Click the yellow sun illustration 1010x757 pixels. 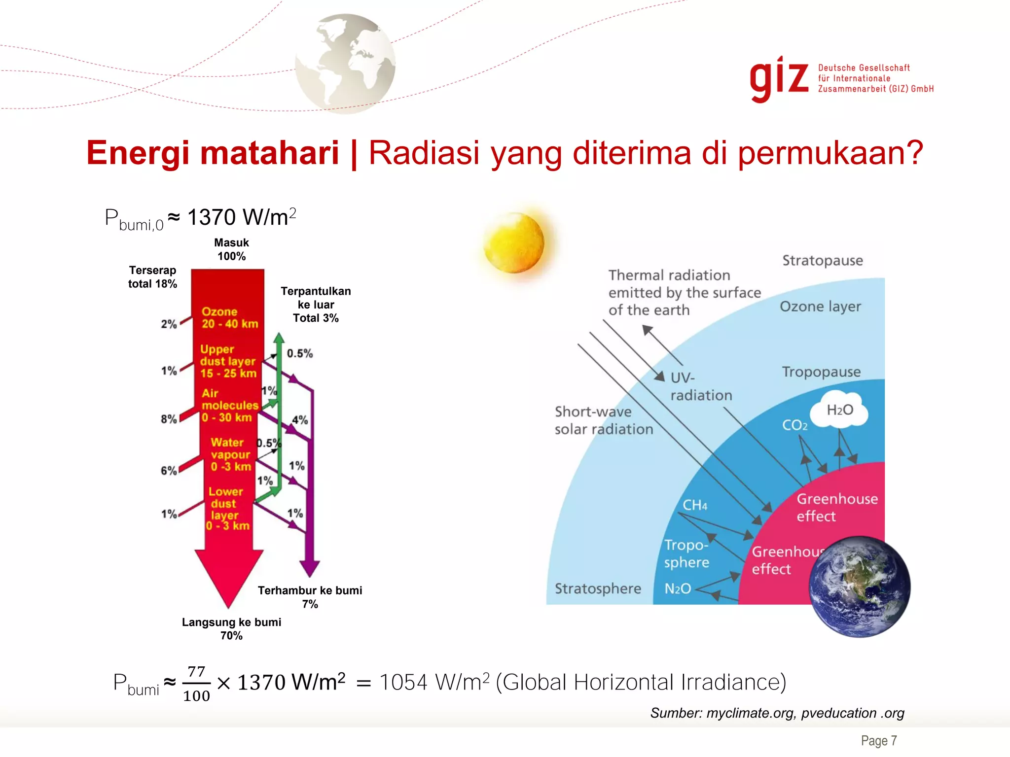click(513, 243)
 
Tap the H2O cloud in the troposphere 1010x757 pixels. click(840, 410)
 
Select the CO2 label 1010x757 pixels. click(794, 425)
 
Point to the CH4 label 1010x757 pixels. click(694, 505)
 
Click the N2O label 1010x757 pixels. click(678, 588)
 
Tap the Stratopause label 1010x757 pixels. click(823, 260)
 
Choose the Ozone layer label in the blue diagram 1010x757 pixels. click(820, 307)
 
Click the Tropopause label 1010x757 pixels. click(821, 372)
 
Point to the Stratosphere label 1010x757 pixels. click(598, 588)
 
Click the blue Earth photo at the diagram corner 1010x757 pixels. click(860, 586)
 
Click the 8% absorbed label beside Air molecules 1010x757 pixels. click(169, 419)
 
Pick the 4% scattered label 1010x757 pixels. click(299, 420)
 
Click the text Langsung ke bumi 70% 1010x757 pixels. click(231, 629)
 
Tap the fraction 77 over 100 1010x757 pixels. click(196, 684)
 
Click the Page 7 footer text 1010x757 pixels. click(879, 741)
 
